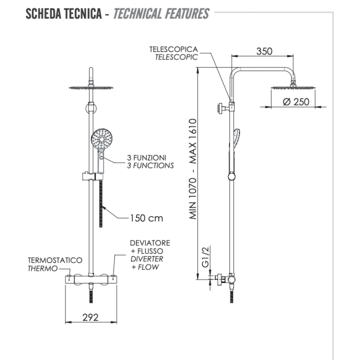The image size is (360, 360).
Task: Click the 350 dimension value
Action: (x=264, y=51)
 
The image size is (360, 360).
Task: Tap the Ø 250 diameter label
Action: (x=296, y=101)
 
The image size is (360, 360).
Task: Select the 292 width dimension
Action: (x=90, y=317)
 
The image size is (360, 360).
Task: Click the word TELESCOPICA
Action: (x=173, y=49)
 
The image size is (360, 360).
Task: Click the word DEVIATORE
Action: (x=149, y=243)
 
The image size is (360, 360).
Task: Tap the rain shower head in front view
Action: (x=90, y=87)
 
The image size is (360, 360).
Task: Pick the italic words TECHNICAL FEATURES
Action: (x=161, y=13)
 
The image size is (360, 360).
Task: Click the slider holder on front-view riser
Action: (x=91, y=175)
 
